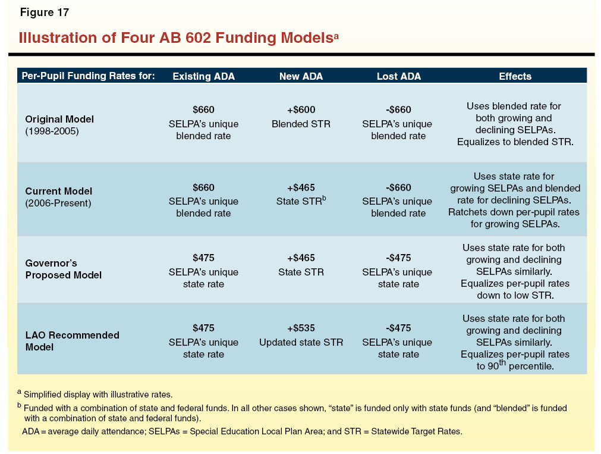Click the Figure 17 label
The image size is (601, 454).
(x=44, y=12)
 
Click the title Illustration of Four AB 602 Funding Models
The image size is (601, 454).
(x=178, y=38)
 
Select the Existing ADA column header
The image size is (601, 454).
(x=203, y=76)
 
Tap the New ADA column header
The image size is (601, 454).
(x=301, y=76)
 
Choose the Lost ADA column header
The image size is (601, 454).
(x=398, y=76)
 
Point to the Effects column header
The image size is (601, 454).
(x=515, y=76)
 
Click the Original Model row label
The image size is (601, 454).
(x=59, y=124)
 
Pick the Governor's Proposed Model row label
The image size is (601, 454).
(x=63, y=269)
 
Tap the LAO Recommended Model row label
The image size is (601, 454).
(x=72, y=341)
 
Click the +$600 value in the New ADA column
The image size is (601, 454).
(x=301, y=110)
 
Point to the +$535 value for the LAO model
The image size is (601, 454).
(x=301, y=328)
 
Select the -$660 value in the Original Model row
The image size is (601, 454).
(x=398, y=110)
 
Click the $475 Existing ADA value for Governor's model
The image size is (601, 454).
(x=203, y=258)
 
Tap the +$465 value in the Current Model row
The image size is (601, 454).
(x=301, y=188)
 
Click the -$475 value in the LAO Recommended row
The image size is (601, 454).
(x=398, y=328)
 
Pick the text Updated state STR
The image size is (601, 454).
(x=301, y=343)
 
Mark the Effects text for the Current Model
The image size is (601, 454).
(x=515, y=200)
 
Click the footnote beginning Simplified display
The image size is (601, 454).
(x=100, y=394)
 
